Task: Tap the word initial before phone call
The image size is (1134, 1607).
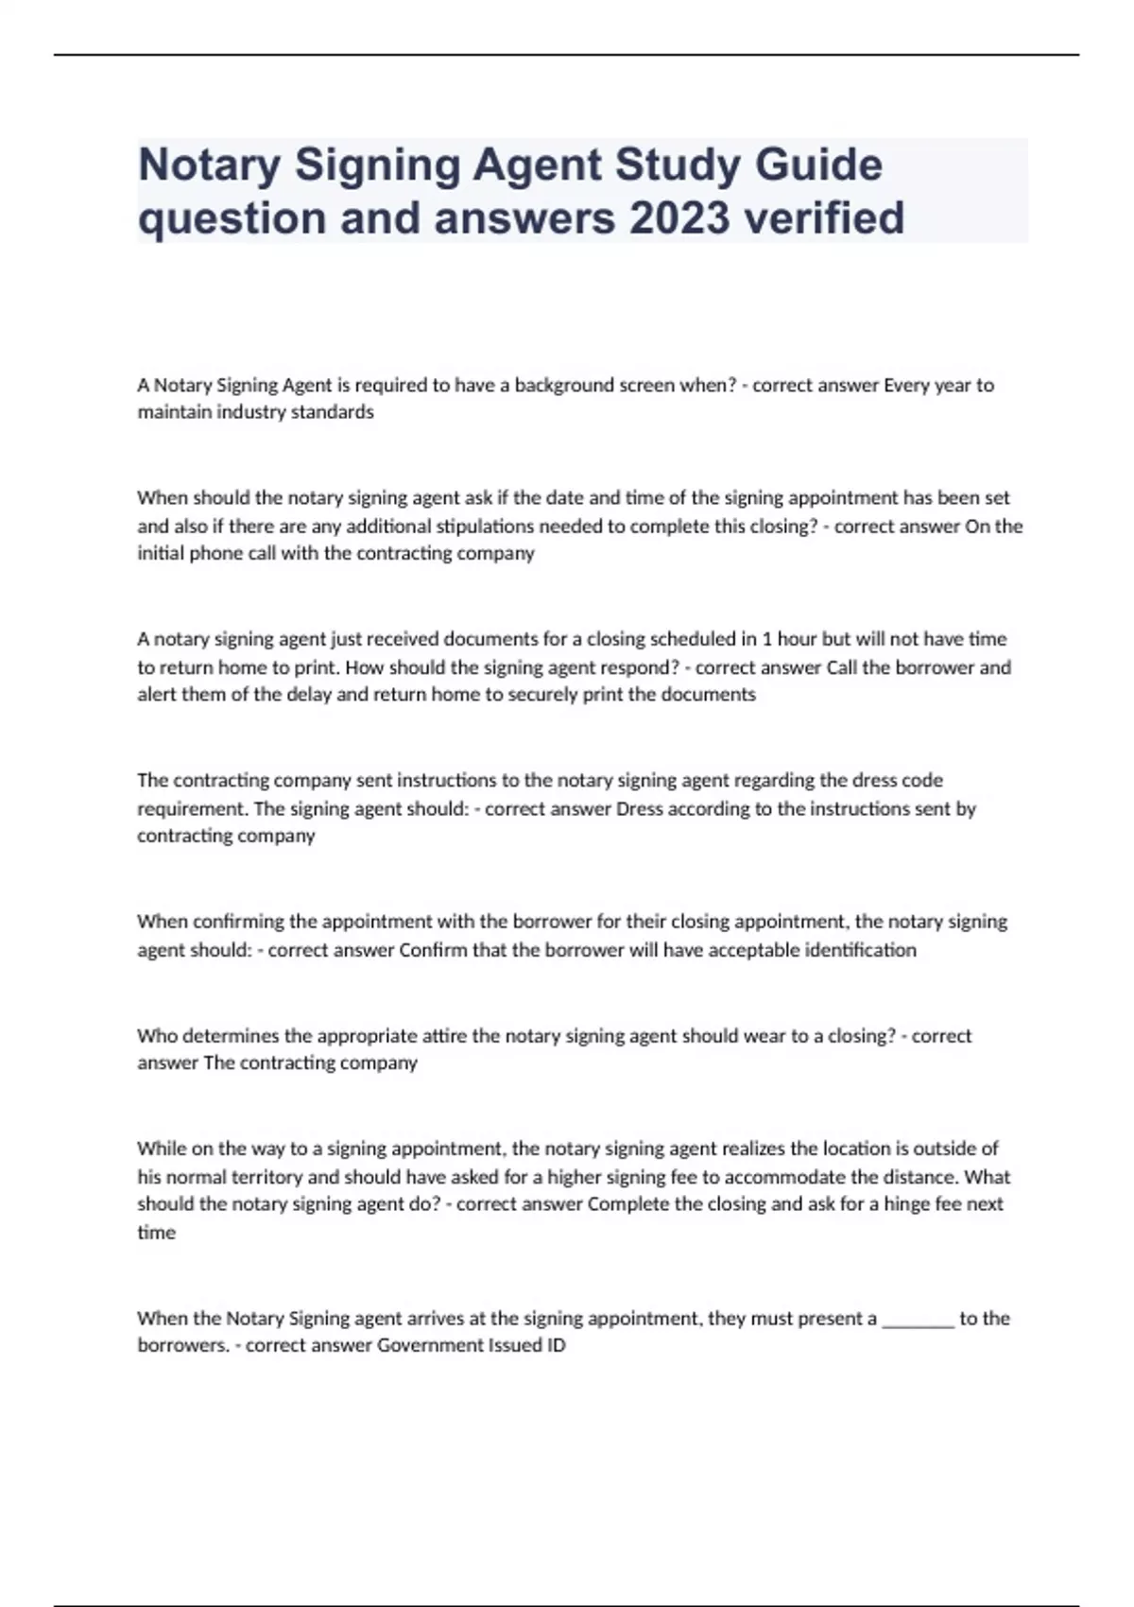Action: [x=160, y=553]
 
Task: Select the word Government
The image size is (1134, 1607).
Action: [x=429, y=1345]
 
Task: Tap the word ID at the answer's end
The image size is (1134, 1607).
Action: [x=555, y=1345]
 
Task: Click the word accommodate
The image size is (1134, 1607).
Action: [x=784, y=1177]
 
